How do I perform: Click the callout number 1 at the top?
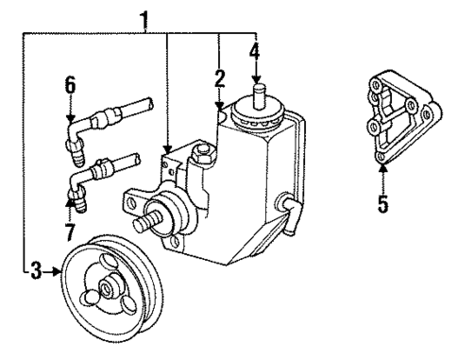(x=144, y=17)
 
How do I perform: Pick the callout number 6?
(x=69, y=85)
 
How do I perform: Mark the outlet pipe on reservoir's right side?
(x=287, y=206)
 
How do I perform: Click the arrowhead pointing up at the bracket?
(x=382, y=170)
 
